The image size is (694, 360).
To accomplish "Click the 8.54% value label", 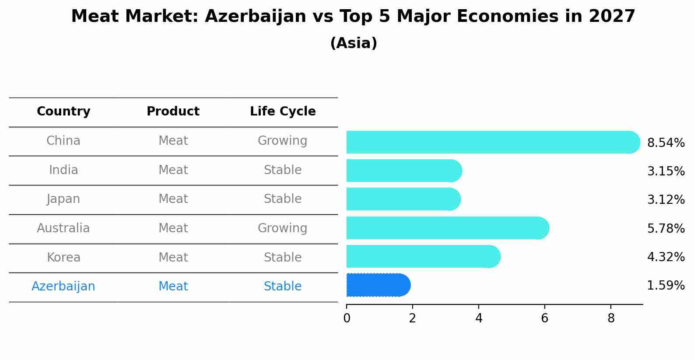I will pyautogui.click(x=666, y=143).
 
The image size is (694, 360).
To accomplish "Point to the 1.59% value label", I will pyautogui.click(x=666, y=286).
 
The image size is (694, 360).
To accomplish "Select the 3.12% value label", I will pyautogui.click(x=666, y=200).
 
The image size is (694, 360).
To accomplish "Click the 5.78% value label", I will pyautogui.click(x=666, y=228).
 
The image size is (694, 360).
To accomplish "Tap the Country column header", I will pyautogui.click(x=63, y=112).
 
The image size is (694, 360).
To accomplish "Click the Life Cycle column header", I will pyautogui.click(x=283, y=112).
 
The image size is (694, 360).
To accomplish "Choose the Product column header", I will pyautogui.click(x=173, y=112).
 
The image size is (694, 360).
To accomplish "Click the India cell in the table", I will pyautogui.click(x=63, y=170).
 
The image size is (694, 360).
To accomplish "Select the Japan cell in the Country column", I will pyautogui.click(x=63, y=199).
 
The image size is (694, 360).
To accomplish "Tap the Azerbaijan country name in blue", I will pyautogui.click(x=63, y=287).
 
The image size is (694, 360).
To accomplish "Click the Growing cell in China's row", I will pyautogui.click(x=282, y=141).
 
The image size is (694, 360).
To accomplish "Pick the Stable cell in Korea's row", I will pyautogui.click(x=283, y=257).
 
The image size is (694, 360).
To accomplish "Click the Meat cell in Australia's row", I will pyautogui.click(x=173, y=228).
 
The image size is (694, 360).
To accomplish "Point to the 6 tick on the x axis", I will pyautogui.click(x=544, y=318).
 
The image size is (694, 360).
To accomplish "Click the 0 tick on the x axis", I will pyautogui.click(x=347, y=318).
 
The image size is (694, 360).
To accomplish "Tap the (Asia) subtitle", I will pyautogui.click(x=354, y=43).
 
